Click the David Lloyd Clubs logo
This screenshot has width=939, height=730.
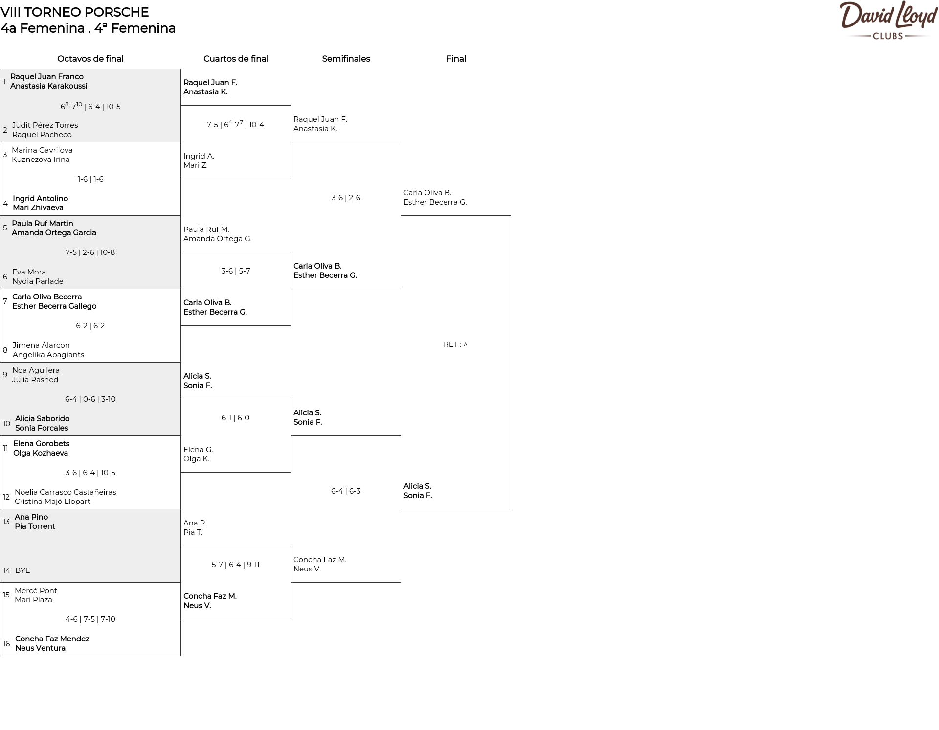point(888,21)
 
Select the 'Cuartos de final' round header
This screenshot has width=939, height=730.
point(236,59)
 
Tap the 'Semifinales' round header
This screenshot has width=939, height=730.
point(346,59)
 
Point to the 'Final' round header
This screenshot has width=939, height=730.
point(456,59)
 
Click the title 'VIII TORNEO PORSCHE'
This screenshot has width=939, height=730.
point(74,12)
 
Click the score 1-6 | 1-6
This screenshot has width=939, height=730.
point(90,179)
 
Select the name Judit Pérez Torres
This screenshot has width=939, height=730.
point(45,125)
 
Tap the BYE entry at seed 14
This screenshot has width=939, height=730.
point(22,570)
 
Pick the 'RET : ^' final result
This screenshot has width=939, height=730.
point(455,344)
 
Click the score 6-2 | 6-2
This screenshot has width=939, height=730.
point(90,326)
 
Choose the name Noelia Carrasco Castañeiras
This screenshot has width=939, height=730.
point(66,492)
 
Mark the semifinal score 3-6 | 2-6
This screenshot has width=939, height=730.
point(346,198)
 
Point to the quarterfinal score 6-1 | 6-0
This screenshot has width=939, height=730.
point(235,418)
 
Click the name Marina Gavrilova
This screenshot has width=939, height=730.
point(42,150)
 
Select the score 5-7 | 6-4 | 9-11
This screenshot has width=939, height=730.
point(235,565)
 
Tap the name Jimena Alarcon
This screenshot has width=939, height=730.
point(41,345)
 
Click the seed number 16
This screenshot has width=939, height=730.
point(6,644)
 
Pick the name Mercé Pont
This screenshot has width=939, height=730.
point(36,591)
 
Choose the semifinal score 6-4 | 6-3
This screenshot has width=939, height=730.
point(346,491)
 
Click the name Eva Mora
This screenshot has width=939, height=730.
point(29,272)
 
